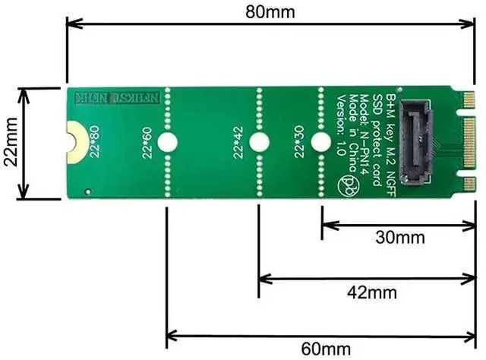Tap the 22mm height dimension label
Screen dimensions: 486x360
tap(9, 144)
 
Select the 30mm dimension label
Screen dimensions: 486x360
tap(399, 238)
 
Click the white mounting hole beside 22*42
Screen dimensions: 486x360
tap(259, 142)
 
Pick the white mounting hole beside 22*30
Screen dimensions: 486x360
tap(321, 142)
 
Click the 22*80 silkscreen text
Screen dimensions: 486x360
tap(93, 142)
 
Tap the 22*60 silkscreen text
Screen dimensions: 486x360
tap(147, 142)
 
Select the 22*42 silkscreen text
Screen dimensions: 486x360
tap(238, 142)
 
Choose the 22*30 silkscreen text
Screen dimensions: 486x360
tap(300, 142)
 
